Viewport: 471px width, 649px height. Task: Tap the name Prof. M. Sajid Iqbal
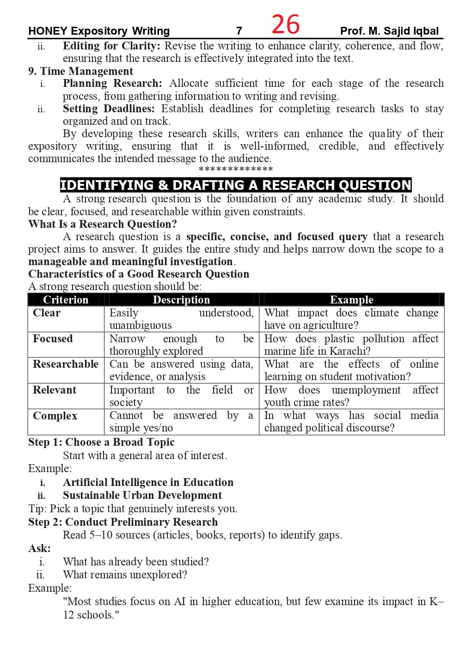(389, 31)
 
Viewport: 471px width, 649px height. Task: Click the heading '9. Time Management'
(80, 71)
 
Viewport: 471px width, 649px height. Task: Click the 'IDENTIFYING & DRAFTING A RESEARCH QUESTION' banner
(236, 185)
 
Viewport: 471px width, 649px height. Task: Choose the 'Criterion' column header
(66, 300)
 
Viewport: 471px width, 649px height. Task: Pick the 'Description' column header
(181, 300)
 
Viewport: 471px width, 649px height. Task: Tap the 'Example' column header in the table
(351, 300)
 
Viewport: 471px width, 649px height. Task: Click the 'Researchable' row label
(66, 364)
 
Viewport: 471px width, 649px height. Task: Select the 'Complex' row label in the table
(55, 416)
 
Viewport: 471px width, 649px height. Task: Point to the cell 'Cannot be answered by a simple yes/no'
(181, 421)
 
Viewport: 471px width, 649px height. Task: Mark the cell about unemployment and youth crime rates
(351, 396)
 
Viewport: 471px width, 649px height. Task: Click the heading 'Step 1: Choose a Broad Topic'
(101, 442)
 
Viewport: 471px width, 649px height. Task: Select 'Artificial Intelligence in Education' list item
(148, 482)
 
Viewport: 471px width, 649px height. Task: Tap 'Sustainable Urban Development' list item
(142, 495)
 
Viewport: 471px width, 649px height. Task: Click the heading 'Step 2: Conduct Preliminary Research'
(123, 522)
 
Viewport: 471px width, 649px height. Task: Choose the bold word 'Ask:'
(39, 548)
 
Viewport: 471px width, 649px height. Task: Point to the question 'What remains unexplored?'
(125, 575)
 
